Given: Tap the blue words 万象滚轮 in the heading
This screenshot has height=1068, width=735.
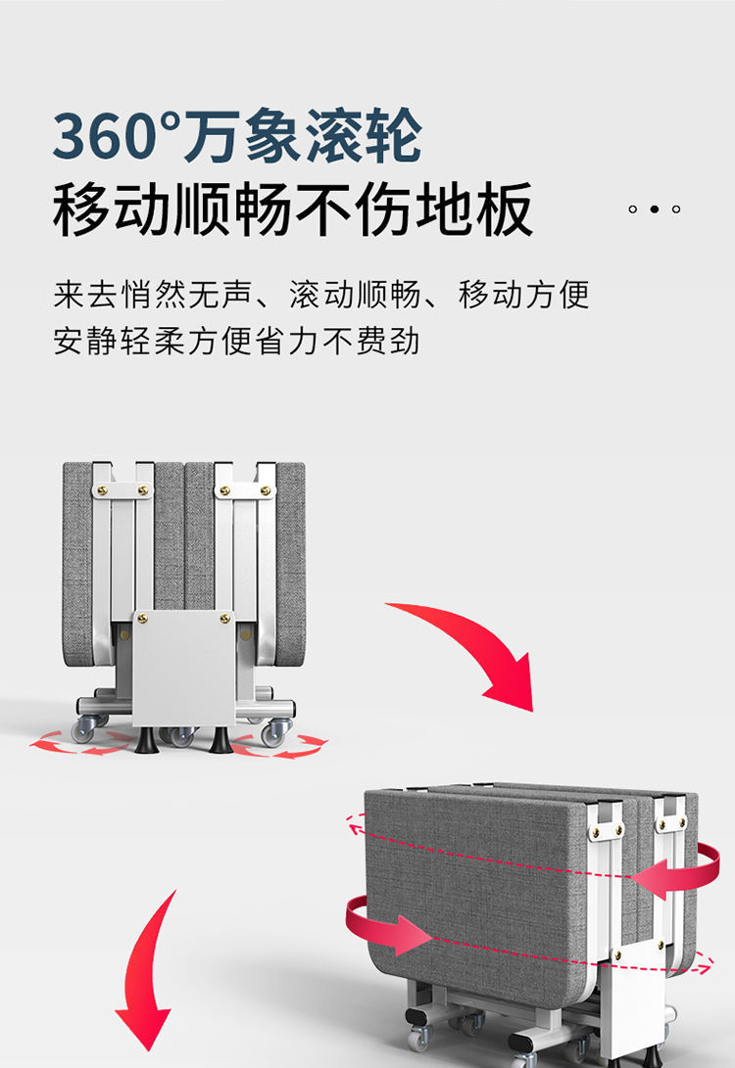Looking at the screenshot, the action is (303, 136).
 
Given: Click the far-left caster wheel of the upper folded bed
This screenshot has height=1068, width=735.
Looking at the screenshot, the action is (85, 729).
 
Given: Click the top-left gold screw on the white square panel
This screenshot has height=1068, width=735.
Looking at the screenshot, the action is (143, 619).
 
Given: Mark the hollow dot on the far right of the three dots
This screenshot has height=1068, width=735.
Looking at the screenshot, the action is (676, 209).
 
